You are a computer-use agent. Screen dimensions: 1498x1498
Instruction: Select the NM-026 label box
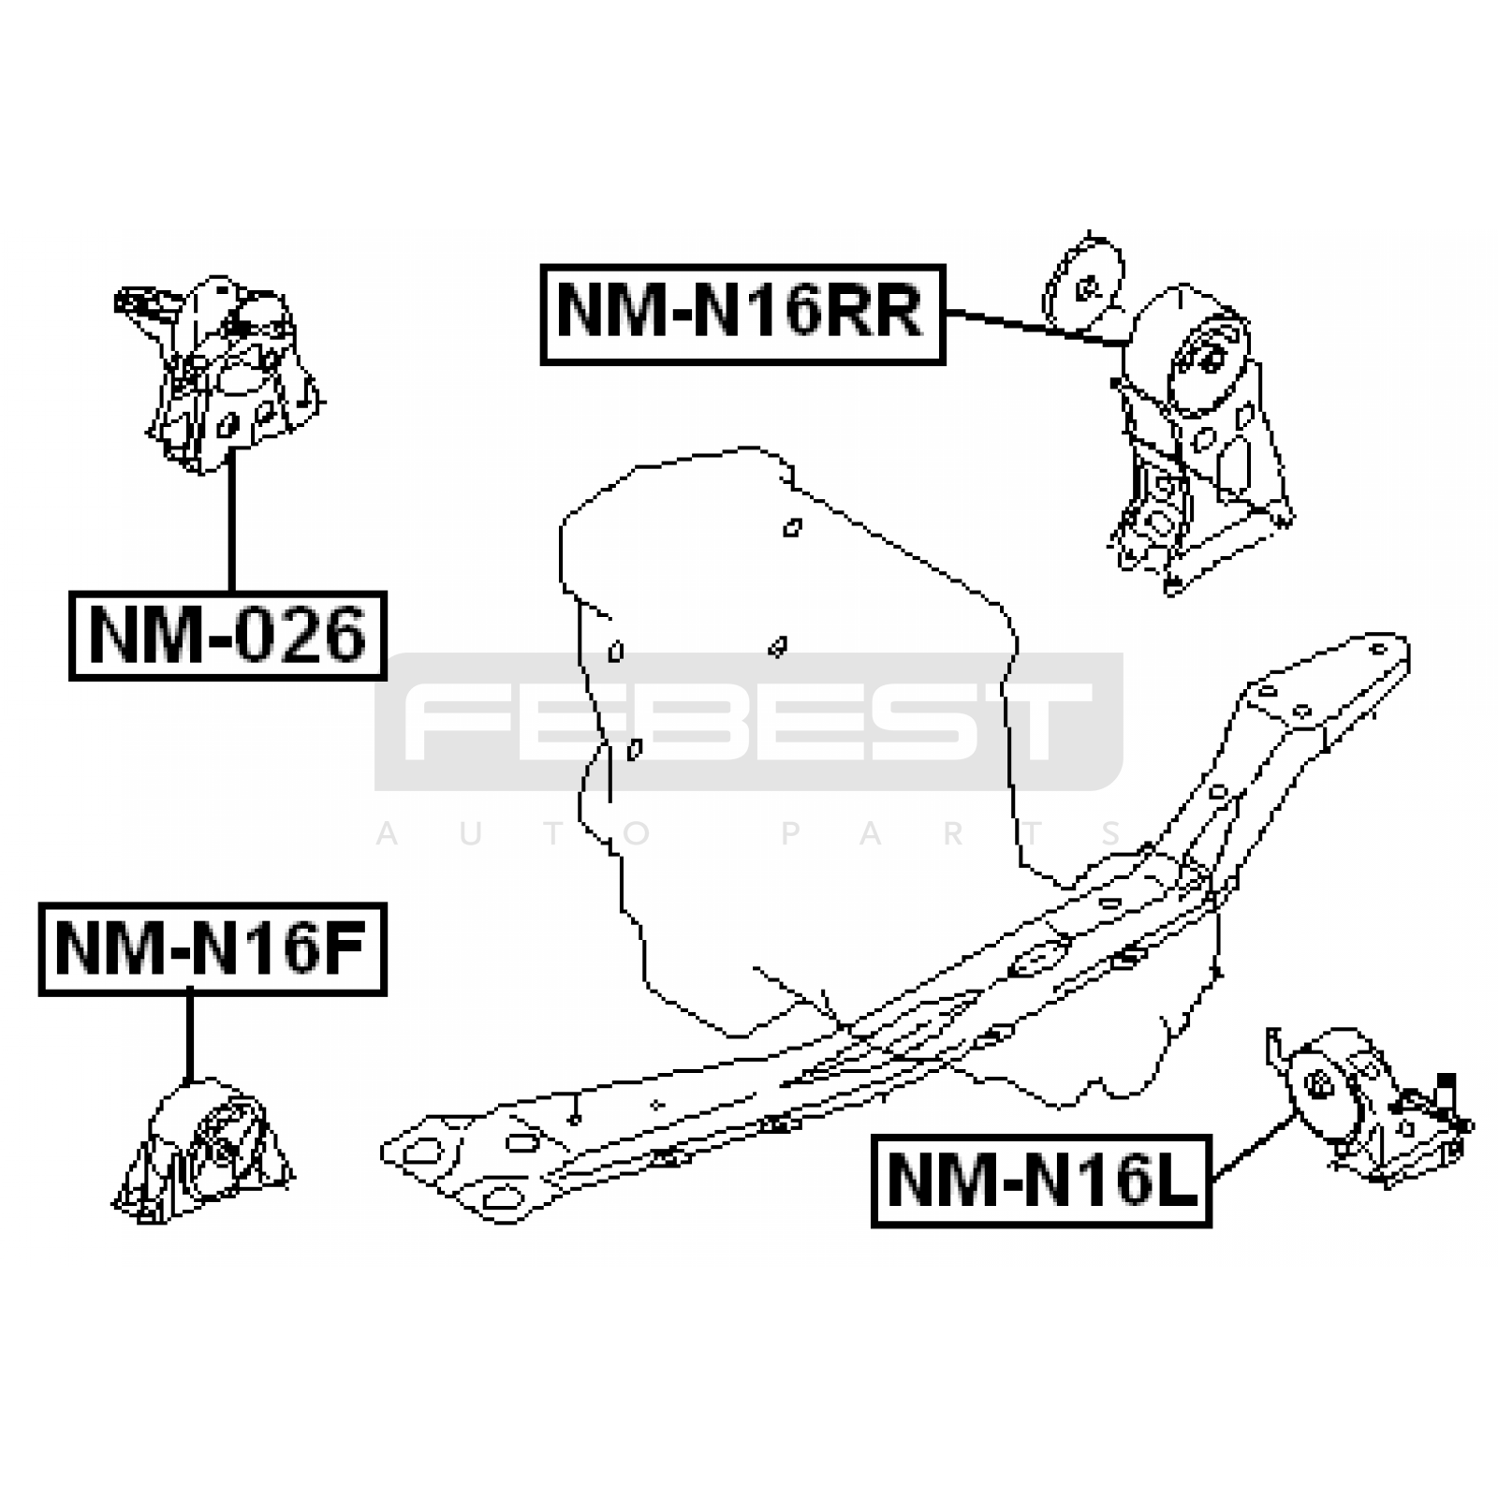(228, 636)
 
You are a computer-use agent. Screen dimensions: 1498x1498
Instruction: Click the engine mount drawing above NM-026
(220, 373)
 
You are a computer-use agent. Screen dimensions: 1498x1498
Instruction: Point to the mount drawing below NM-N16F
(202, 1152)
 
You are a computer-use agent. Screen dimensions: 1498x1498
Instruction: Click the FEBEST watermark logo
(749, 721)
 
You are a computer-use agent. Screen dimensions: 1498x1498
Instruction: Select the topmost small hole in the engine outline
(792, 528)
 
